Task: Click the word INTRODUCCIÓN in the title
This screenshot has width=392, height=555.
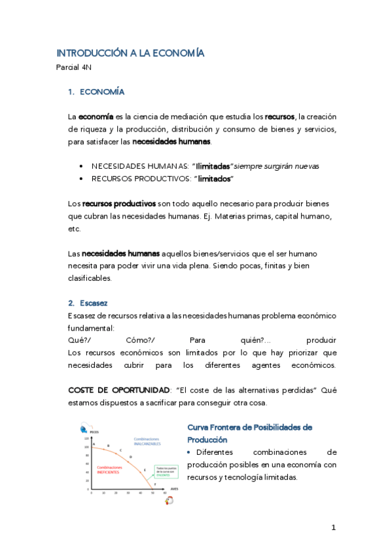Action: tap(84, 53)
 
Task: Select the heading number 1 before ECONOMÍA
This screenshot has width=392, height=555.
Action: tap(70, 92)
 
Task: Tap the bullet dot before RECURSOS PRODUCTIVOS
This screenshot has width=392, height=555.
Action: tap(80, 179)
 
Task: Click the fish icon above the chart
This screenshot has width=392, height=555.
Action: tap(83, 429)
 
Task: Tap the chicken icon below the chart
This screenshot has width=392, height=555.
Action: tap(169, 500)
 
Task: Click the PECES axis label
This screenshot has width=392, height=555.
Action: tap(95, 432)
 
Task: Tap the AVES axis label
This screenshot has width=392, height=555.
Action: tap(174, 488)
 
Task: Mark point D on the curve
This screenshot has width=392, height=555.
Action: tap(131, 456)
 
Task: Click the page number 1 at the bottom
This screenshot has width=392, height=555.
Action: tap(333, 528)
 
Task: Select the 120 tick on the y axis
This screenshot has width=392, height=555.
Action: tap(86, 438)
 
